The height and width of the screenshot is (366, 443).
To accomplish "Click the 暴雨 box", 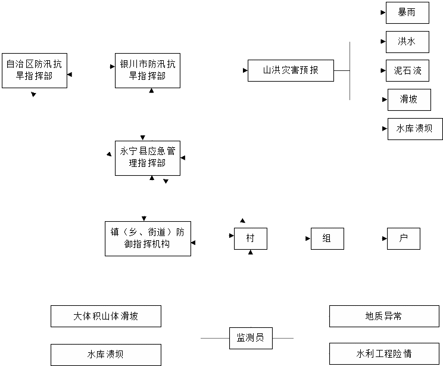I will pos(407,13).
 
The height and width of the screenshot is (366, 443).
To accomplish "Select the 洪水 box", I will pos(407,42).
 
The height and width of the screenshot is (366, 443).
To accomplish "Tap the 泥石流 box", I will pos(407,70).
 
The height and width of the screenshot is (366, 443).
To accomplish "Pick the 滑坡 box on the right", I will pos(409,100).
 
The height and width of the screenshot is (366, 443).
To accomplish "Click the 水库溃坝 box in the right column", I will pos(415,129).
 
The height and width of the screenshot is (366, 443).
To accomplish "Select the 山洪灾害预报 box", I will pos(291,70).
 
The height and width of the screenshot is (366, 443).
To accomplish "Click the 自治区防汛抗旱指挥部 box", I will pos(34,70).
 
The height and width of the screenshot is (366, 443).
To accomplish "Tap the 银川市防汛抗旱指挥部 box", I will pos(147,70).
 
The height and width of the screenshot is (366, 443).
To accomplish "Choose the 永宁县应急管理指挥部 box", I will pos(147,158).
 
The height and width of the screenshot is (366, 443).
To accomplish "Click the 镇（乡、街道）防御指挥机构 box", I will pos(148,238).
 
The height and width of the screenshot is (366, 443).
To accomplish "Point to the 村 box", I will pos(250,238).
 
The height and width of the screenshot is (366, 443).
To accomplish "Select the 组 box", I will pos(327,238).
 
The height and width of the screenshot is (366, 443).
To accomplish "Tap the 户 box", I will pos(403,238).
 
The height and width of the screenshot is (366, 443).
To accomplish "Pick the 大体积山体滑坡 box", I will pos(105,316).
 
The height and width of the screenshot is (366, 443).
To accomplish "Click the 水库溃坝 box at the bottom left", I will pos(105,355).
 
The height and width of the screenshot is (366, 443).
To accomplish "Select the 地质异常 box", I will pos(383,316).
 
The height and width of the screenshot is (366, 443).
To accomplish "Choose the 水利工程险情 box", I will pos(383,353).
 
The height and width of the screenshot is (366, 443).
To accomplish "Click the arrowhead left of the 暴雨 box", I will pos(383,13).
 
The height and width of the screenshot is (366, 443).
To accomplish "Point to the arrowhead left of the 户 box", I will pos(384,238).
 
